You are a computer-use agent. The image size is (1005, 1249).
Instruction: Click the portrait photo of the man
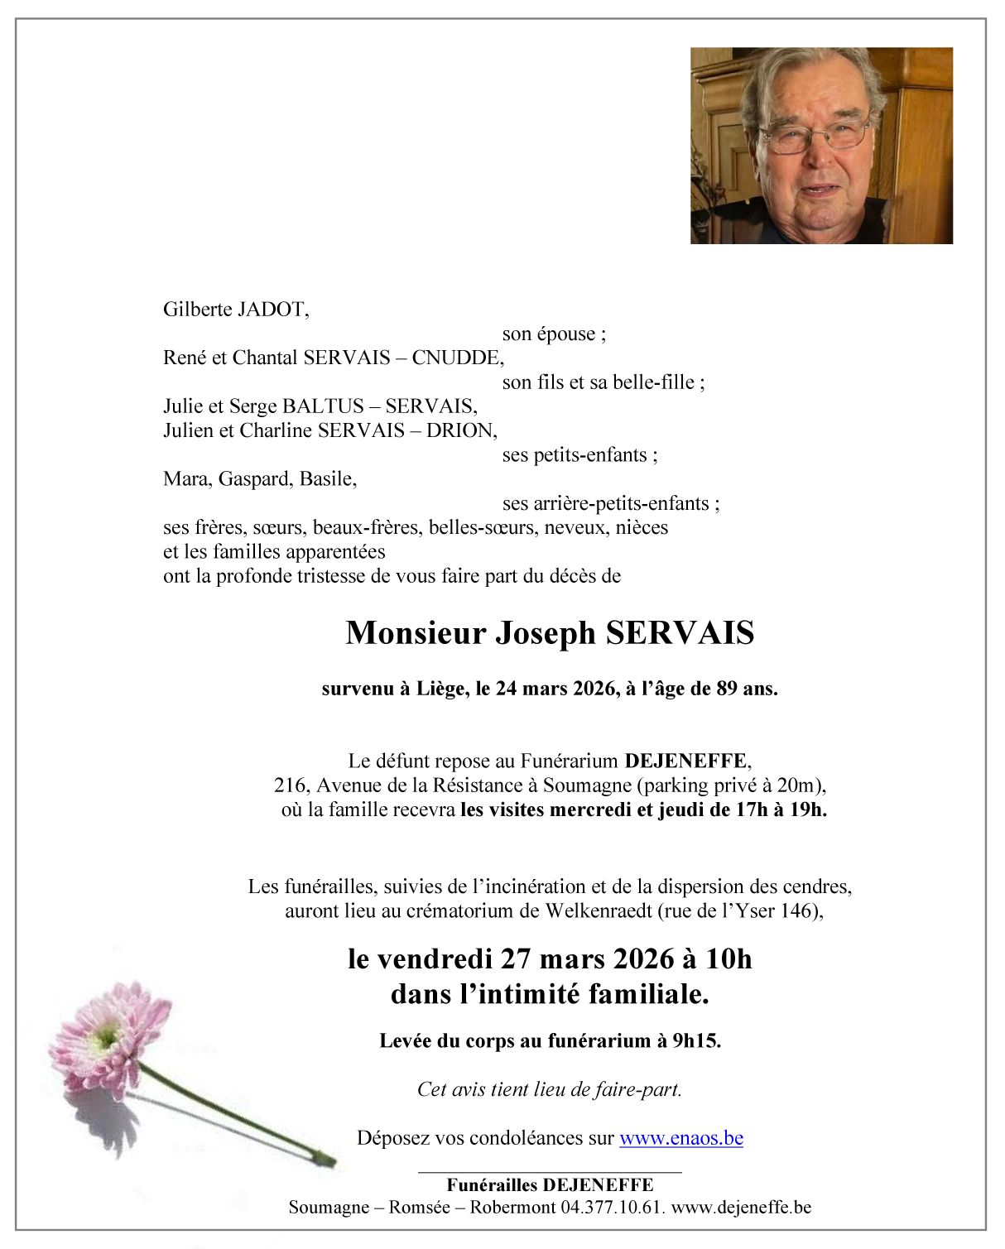pyautogui.click(x=821, y=146)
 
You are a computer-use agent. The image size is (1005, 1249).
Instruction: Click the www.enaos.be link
pyautogui.click(x=680, y=1138)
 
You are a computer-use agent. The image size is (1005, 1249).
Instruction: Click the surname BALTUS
pyautogui.click(x=323, y=406)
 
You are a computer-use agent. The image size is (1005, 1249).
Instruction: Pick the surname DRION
pyautogui.click(x=460, y=430)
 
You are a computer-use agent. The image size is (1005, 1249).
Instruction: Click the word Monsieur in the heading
pyautogui.click(x=416, y=633)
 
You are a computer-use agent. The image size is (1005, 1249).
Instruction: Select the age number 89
pyautogui.click(x=726, y=689)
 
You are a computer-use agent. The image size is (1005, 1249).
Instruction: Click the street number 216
pyautogui.click(x=291, y=785)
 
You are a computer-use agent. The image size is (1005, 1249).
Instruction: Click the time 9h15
pyautogui.click(x=695, y=1041)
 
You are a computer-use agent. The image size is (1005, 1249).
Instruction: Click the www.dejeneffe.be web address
pyautogui.click(x=741, y=1208)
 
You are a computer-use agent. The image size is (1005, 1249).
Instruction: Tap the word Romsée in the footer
pyautogui.click(x=420, y=1208)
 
